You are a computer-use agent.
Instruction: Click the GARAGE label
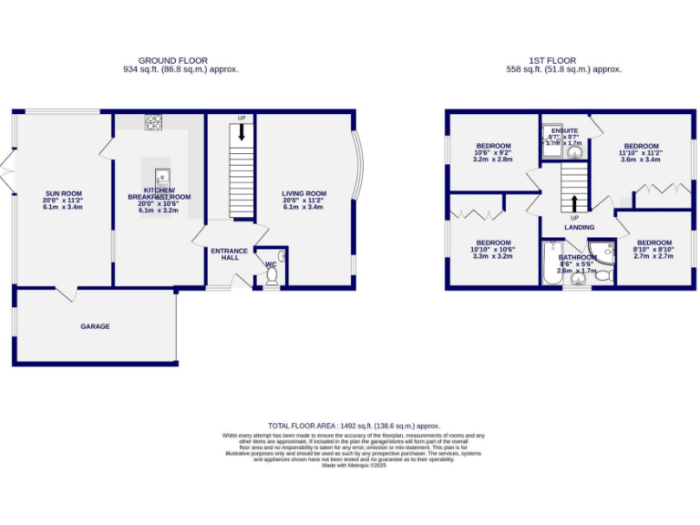[95, 326]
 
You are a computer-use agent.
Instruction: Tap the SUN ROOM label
[64, 193]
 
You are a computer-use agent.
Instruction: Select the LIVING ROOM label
[304, 193]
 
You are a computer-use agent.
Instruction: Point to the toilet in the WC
[272, 273]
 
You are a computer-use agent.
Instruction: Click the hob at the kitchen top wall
[153, 121]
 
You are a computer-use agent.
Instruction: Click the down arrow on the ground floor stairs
[241, 131]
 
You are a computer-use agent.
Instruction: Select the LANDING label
[579, 228]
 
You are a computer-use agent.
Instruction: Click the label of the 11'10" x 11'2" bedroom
[641, 146]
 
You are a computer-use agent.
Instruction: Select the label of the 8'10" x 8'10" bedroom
[654, 243]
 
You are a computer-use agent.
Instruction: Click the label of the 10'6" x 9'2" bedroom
[493, 146]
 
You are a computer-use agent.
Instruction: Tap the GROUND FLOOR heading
[180, 60]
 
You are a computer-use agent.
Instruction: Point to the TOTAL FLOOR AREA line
[354, 426]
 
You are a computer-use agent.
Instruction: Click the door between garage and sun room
[69, 293]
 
